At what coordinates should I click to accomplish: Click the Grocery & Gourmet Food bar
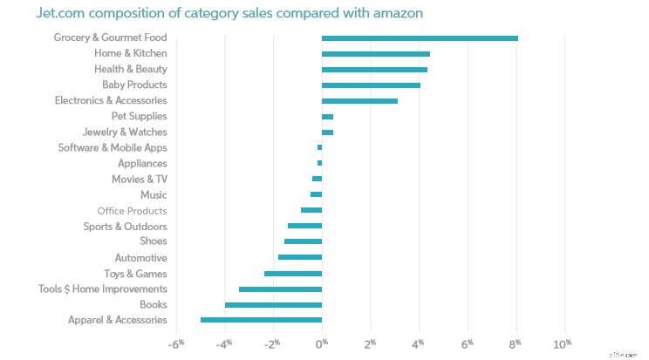(x=420, y=37)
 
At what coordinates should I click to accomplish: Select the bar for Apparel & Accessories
(x=261, y=320)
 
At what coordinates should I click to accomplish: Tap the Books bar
(x=273, y=304)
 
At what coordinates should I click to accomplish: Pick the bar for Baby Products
(x=371, y=85)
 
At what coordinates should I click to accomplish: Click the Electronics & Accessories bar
(x=359, y=101)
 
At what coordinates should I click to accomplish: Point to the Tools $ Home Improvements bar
(x=280, y=289)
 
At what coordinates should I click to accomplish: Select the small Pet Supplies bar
(x=327, y=117)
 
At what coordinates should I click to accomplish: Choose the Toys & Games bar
(x=293, y=274)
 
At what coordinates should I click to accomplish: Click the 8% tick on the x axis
(x=516, y=342)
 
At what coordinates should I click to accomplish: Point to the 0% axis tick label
(x=322, y=342)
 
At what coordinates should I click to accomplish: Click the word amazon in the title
(x=372, y=14)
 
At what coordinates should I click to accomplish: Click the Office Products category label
(x=132, y=211)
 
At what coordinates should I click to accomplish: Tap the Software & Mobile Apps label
(x=113, y=148)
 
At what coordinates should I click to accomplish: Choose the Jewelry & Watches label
(x=125, y=132)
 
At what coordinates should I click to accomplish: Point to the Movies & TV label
(x=139, y=180)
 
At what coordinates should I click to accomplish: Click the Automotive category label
(x=140, y=258)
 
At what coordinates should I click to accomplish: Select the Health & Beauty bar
(x=374, y=70)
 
